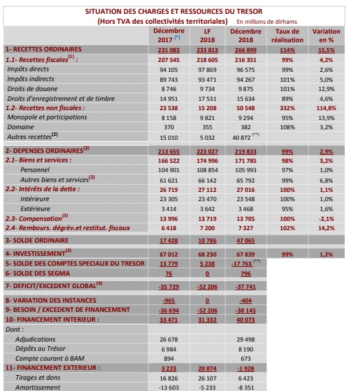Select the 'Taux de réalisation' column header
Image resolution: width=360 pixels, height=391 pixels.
(287, 36)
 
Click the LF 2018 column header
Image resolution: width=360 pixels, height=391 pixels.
(208, 36)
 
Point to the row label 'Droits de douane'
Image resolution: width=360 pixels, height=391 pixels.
(34, 88)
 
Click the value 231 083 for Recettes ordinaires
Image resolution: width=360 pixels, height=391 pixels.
(169, 49)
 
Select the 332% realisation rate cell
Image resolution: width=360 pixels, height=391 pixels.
(287, 107)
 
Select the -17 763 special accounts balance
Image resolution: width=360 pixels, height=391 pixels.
(243, 262)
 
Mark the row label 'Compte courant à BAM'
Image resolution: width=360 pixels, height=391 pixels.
(50, 359)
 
